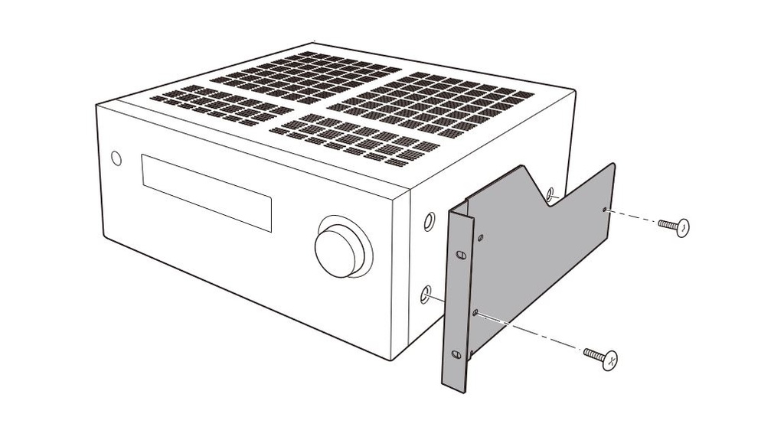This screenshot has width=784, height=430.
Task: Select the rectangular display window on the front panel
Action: (206, 191)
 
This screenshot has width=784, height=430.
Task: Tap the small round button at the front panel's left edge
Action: (116, 158)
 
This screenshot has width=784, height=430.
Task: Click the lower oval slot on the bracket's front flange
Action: (456, 353)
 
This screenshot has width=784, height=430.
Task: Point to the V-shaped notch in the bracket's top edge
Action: (553, 200)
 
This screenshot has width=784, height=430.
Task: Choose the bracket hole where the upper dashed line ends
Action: (605, 209)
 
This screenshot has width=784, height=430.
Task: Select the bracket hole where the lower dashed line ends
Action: (476, 312)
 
